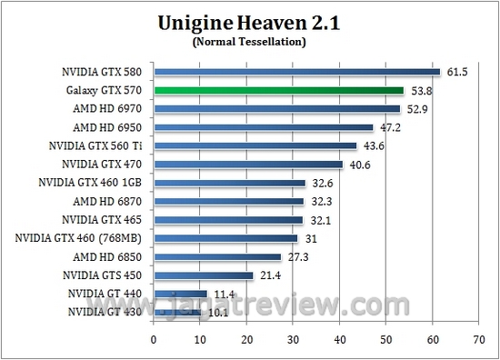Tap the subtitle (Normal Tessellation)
pyautogui.click(x=250, y=41)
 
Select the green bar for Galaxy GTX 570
pyautogui.click(x=278, y=90)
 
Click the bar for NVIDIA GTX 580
pyautogui.click(x=296, y=72)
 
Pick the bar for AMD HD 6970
pyautogui.click(x=276, y=109)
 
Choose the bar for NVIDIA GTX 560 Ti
pyautogui.click(x=255, y=145)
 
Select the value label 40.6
pyautogui.click(x=357, y=165)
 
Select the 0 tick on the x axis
pyautogui.click(x=154, y=338)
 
